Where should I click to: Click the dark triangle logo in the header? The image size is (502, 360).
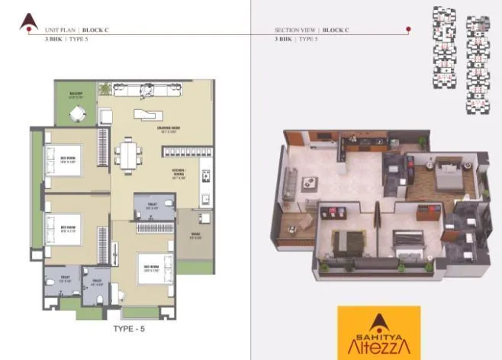[x=29, y=21]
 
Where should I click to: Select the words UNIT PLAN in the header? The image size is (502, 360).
[x=60, y=29]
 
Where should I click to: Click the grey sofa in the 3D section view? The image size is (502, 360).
[x=290, y=183]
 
